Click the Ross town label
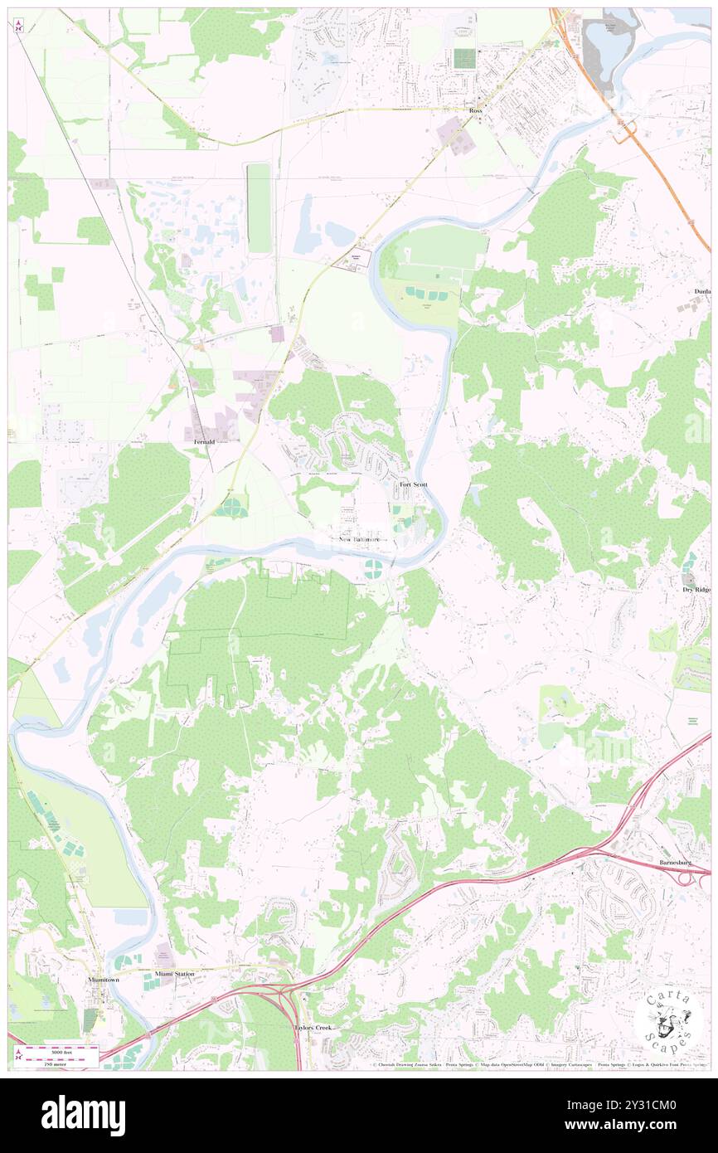point(475,110)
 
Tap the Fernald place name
point(204,442)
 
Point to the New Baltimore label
point(361,539)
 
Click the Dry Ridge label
point(697,590)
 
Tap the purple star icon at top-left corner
point(19,27)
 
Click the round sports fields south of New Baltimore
point(373,568)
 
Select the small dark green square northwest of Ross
point(464,59)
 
